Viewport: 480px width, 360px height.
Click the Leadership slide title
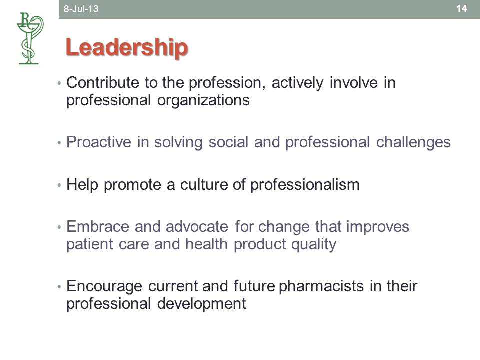point(127,48)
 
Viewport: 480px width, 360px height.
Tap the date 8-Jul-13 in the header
point(81,9)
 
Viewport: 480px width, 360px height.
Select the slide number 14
point(461,8)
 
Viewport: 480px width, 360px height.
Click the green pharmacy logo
point(30,38)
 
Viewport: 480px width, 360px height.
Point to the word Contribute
point(103,82)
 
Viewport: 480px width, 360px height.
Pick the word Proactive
point(99,142)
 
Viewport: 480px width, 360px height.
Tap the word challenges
point(413,143)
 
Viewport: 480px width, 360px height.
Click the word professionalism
point(305,185)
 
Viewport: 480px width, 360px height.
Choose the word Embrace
point(98,227)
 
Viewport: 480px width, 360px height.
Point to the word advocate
point(197,227)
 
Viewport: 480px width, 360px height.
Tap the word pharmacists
point(321,286)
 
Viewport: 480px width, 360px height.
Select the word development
point(201,304)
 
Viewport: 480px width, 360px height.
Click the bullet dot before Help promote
point(59,185)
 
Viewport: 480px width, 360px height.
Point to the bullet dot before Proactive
point(59,143)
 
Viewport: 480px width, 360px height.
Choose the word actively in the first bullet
point(297,83)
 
